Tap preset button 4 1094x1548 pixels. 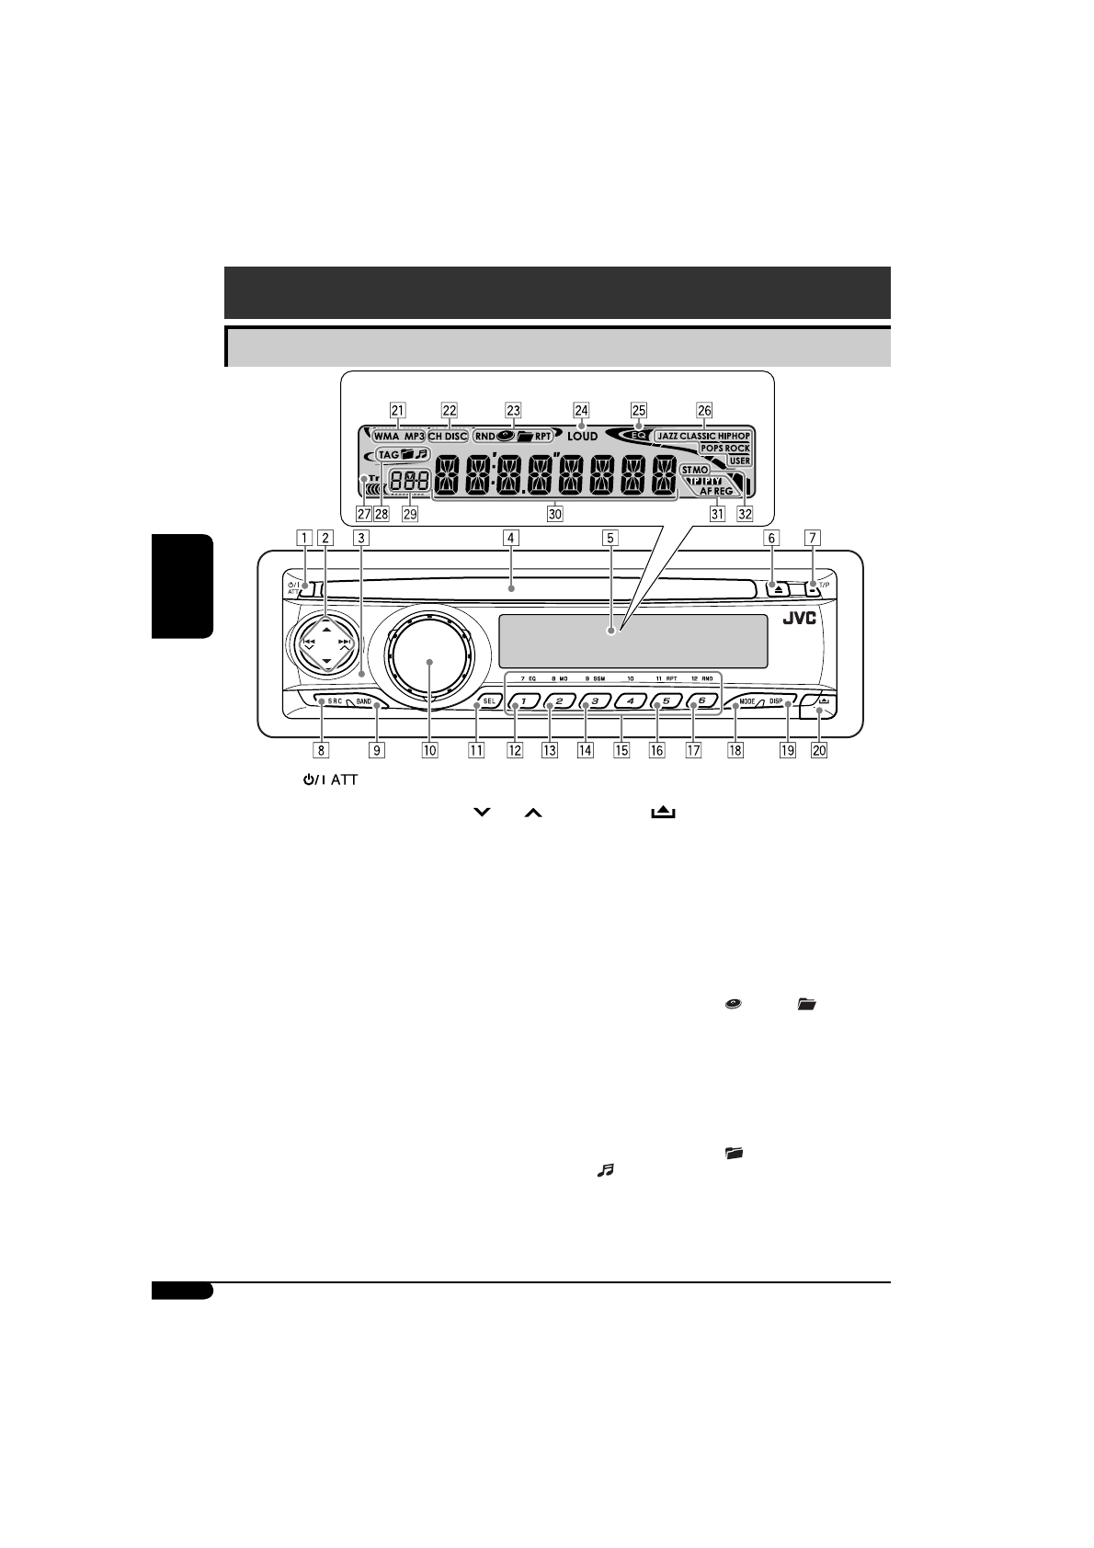(631, 701)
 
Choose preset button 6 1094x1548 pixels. (701, 700)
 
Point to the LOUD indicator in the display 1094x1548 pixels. (582, 437)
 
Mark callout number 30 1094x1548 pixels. (554, 515)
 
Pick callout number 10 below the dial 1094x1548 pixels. (429, 750)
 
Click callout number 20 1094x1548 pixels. (818, 750)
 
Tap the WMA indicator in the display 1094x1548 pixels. (386, 437)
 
